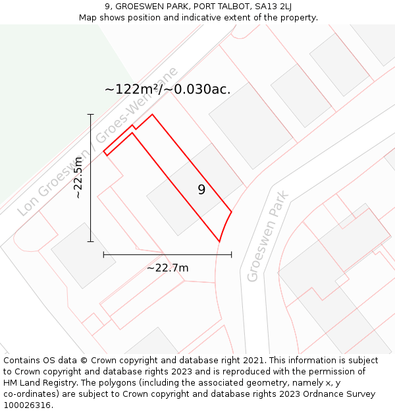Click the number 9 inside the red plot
(201, 190)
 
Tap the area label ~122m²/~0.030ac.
(167, 90)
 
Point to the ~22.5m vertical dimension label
(78, 178)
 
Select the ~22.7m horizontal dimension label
(167, 268)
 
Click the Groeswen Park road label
(268, 237)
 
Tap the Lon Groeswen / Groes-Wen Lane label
(98, 141)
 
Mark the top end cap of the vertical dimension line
(91, 115)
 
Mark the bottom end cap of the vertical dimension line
(91, 242)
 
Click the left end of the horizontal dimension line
(104, 254)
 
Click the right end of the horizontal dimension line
(231, 254)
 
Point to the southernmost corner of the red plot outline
(219, 242)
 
